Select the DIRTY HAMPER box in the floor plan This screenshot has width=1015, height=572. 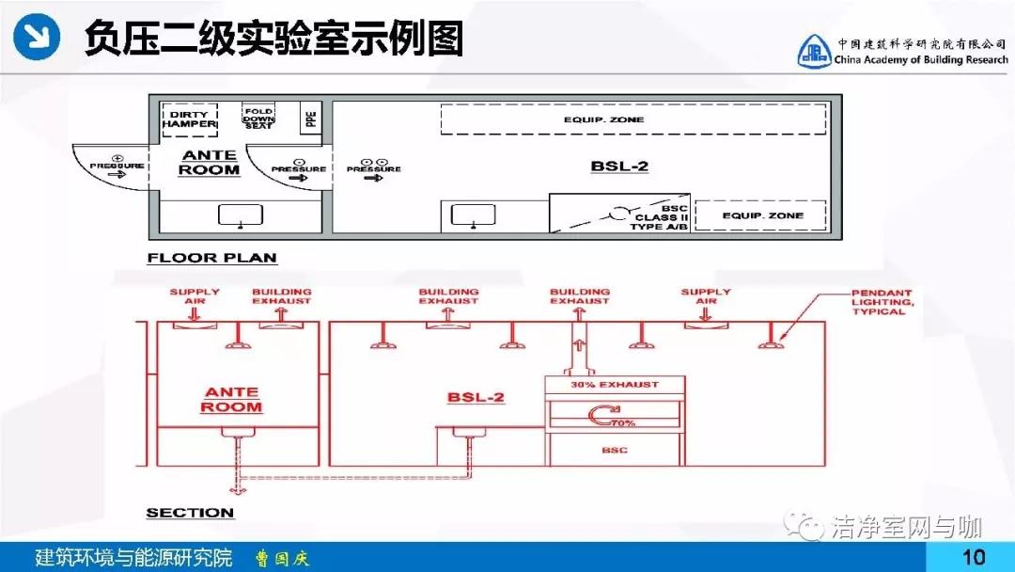pos(189,117)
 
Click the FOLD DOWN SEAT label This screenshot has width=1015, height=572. pos(258,117)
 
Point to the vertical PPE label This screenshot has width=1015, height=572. pos(311,119)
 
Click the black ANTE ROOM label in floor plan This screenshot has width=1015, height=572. pos(210,163)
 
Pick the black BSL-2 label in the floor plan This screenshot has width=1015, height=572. pos(619,167)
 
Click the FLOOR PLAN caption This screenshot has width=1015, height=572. pos(211,258)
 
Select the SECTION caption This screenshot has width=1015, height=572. pos(190,513)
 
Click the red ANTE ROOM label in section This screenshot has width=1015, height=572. pos(231,399)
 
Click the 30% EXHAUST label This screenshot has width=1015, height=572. pos(616,385)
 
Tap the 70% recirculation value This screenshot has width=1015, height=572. pos(623,423)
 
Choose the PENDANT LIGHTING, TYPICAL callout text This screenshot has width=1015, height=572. pos(881,302)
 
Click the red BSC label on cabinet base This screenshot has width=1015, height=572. pos(614,451)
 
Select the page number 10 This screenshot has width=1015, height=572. pos(974,557)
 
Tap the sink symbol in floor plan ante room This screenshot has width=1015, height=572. pos(241,216)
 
